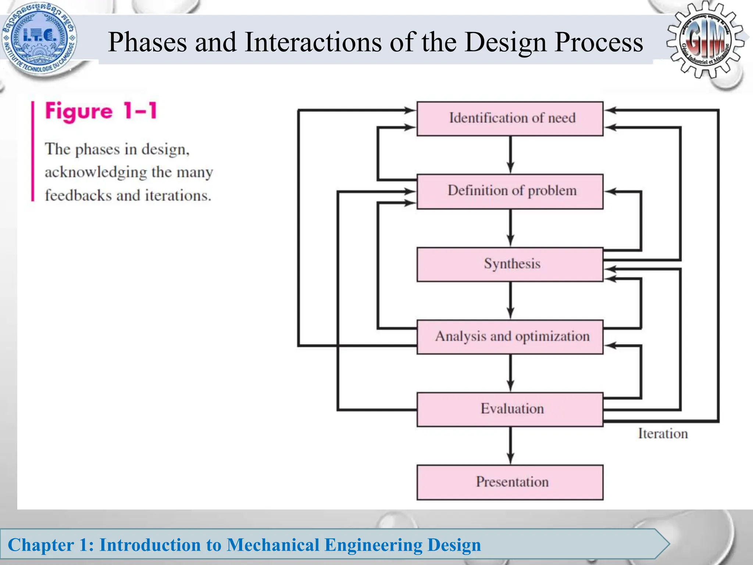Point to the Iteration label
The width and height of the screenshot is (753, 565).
[x=663, y=434]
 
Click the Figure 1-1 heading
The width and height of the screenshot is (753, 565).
[x=101, y=111]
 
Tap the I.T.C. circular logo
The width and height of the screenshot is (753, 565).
[x=39, y=40]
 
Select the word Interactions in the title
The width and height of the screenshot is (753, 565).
[x=314, y=42]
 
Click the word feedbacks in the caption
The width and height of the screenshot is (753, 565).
[x=78, y=195]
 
